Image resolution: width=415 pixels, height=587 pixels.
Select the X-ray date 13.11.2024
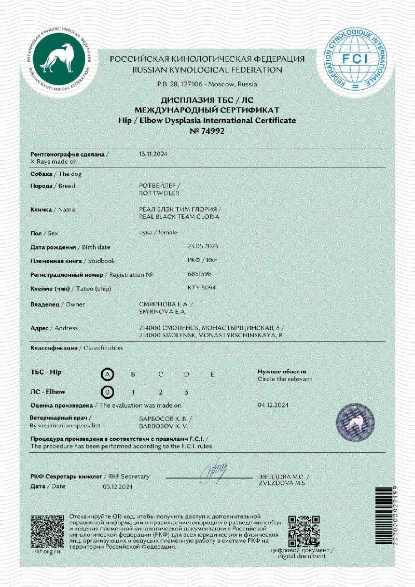154,155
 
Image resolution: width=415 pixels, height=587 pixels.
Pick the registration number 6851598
199,273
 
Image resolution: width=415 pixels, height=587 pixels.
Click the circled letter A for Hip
107,374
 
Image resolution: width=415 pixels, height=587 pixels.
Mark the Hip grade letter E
212,374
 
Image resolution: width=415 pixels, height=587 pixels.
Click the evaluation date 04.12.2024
273,404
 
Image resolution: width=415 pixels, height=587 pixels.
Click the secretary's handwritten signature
214,473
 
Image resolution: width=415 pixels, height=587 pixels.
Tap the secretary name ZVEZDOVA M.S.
280,483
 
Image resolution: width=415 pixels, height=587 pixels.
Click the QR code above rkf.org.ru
46,530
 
